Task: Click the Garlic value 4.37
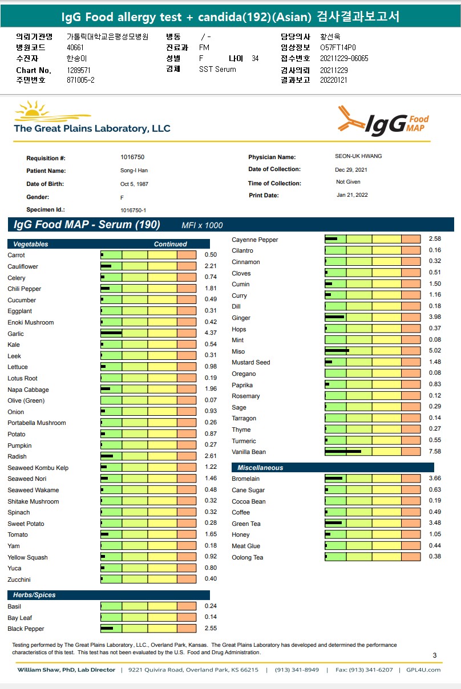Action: pos(211,333)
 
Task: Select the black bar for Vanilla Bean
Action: pos(343,452)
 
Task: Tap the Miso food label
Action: pos(238,351)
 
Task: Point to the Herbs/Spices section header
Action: pos(34,595)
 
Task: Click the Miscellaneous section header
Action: pos(260,468)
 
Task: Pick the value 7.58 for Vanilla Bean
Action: pos(435,452)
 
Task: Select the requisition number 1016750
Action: pos(132,157)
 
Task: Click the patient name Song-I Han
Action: pos(134,171)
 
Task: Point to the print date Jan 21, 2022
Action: pos(352,195)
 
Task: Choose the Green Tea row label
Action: pos(246,524)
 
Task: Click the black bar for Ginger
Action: pos(334,317)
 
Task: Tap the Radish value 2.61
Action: pos(211,456)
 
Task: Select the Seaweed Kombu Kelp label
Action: pos(38,468)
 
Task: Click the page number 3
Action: pos(435,655)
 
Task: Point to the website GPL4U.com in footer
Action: pos(423,670)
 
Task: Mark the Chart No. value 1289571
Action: pos(79,70)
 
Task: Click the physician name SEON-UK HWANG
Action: pos(358,156)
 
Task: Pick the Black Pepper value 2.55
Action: pos(211,628)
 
